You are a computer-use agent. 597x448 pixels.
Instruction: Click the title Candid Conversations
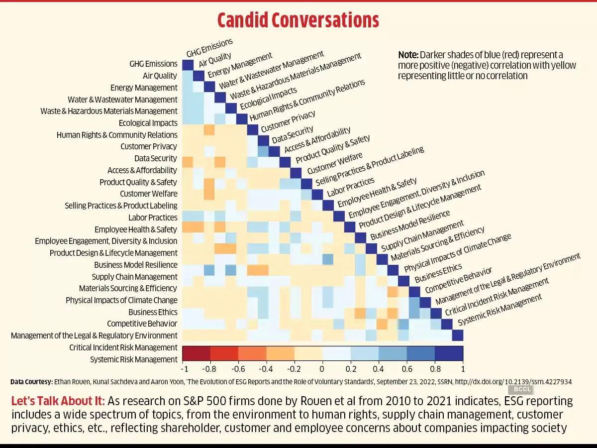tap(298, 20)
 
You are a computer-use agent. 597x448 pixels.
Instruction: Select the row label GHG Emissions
tap(153, 64)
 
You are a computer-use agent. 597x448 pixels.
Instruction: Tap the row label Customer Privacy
tap(149, 146)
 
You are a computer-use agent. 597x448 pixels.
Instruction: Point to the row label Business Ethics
tap(153, 312)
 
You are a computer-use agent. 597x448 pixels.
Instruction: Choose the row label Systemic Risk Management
tap(133, 359)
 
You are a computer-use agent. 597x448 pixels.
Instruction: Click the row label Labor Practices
tap(153, 218)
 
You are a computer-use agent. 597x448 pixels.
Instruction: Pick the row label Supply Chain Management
tap(134, 277)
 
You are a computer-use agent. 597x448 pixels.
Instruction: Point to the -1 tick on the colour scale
tap(185, 369)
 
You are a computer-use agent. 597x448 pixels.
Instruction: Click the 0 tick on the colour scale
tap(322, 369)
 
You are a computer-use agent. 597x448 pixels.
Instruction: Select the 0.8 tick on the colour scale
tap(435, 369)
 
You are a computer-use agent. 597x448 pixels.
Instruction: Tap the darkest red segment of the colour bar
tap(197, 353)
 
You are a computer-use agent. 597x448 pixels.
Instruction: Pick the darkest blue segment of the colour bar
tap(449, 353)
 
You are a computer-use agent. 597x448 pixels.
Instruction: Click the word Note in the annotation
tap(408, 55)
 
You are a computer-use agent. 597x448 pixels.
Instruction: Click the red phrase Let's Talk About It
tap(58, 401)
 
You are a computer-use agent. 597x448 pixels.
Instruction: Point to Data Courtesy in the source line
tap(31, 382)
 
